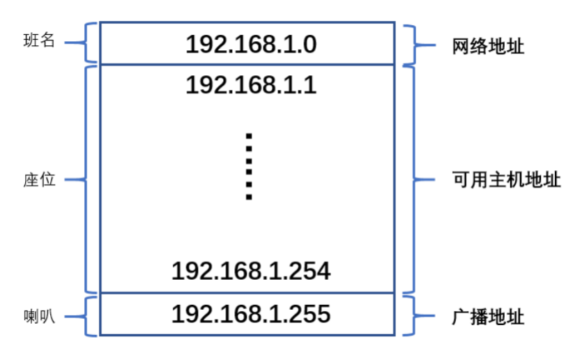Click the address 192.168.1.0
[251, 44]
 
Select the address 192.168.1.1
[251, 84]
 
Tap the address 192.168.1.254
[251, 271]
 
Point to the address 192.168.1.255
[251, 314]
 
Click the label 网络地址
[488, 47]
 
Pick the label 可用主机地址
[506, 179]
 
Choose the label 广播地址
[488, 317]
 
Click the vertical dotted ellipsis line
[248, 166]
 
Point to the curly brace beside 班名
[87, 42]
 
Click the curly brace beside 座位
[87, 179]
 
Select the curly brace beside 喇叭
[87, 316]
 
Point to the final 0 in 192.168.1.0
[309, 44]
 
